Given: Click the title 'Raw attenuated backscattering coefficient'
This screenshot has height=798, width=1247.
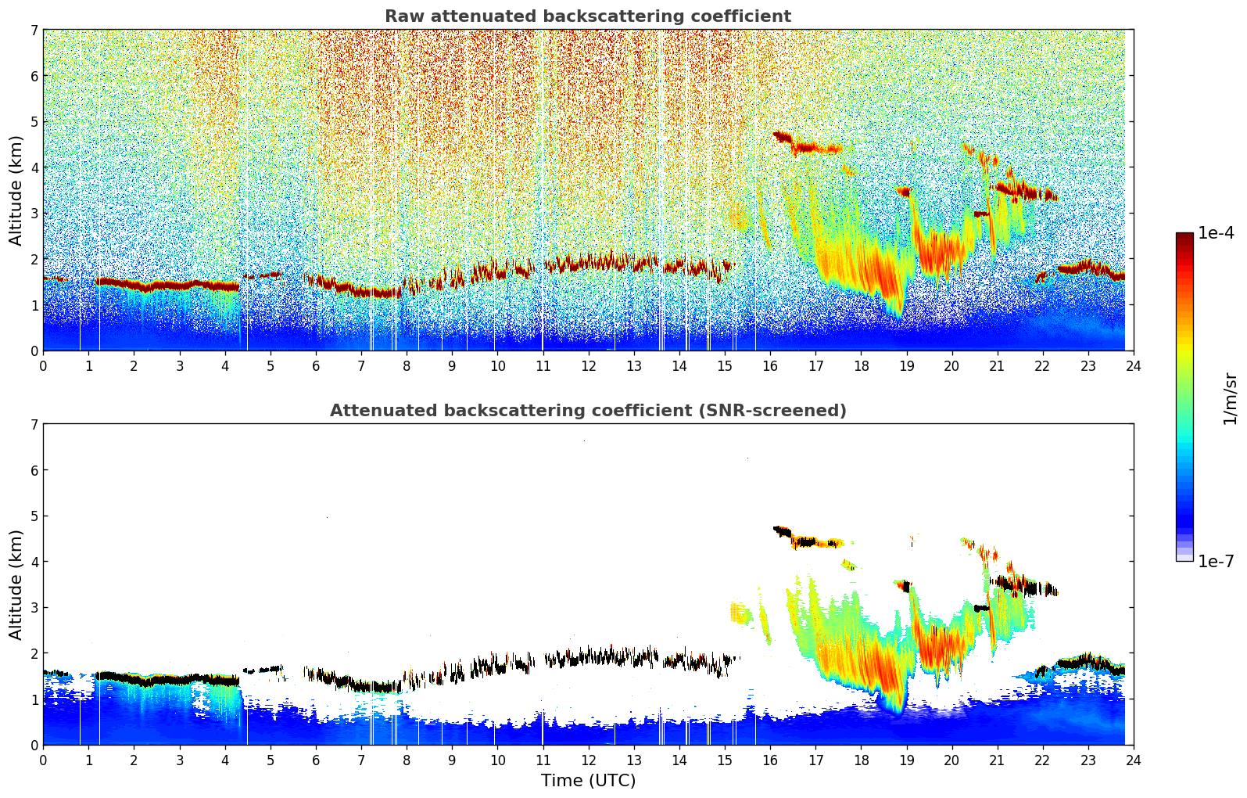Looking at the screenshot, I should [x=587, y=16].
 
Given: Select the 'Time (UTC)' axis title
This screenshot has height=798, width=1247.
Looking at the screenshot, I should [x=588, y=781].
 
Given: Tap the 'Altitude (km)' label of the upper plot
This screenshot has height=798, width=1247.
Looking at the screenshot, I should [x=16, y=190].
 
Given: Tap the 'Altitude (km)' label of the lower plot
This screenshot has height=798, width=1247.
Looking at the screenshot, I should [x=16, y=584].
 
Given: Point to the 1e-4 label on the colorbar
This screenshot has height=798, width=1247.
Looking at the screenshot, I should [x=1216, y=233].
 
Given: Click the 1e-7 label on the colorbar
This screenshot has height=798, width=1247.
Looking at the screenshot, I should [x=1216, y=561].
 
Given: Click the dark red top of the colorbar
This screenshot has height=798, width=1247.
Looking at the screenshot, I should [x=1184, y=236].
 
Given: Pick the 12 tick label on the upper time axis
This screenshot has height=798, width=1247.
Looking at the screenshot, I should [x=588, y=365].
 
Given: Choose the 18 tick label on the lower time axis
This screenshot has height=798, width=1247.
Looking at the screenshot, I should [x=861, y=760].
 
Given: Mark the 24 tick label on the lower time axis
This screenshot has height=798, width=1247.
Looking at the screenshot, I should [x=1133, y=760].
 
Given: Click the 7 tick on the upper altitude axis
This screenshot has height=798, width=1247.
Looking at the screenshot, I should [x=34, y=31].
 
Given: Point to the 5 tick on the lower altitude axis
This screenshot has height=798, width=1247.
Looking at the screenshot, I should [x=34, y=516].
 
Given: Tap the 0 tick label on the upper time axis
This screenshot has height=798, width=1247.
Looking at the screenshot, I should [x=43, y=365].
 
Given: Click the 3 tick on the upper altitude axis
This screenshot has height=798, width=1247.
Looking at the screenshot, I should [x=34, y=214].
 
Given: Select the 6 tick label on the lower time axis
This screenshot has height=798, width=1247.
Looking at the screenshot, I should [x=316, y=760].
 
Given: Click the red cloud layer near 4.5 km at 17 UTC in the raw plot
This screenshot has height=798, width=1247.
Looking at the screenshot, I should [x=813, y=147].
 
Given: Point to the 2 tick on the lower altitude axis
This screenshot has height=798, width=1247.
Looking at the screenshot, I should [x=34, y=653].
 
